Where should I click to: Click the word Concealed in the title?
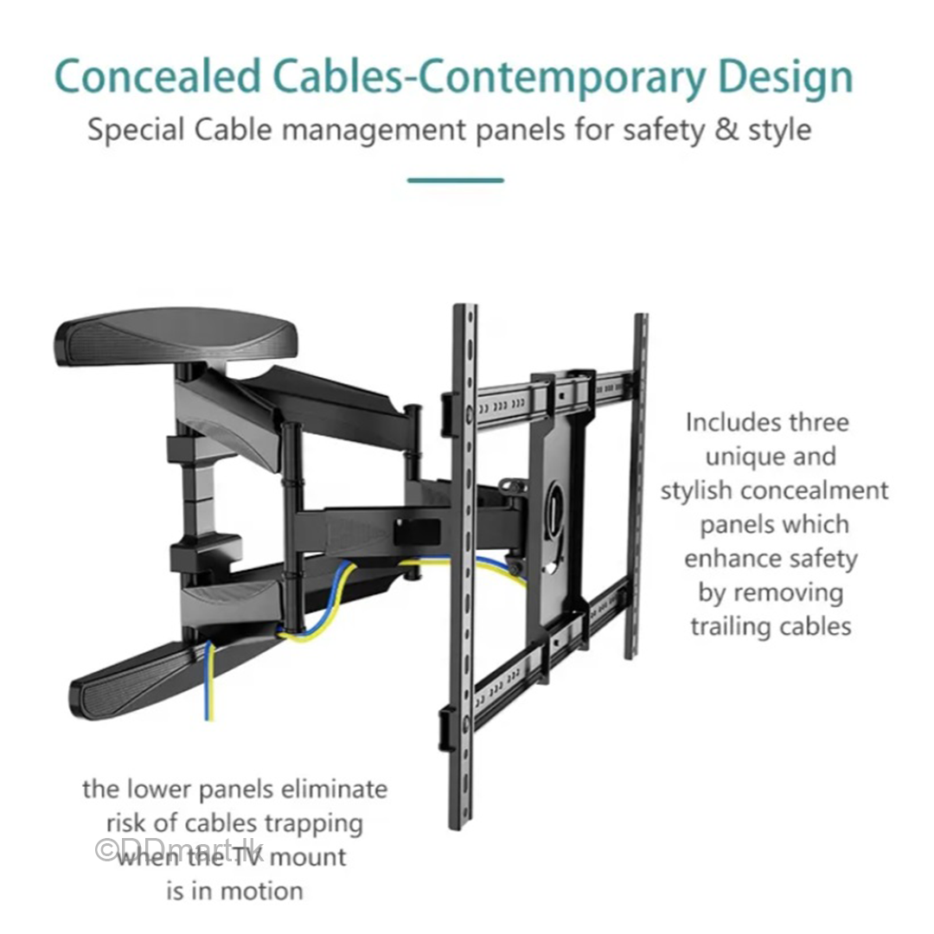tap(157, 77)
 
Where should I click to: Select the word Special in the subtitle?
tap(136, 131)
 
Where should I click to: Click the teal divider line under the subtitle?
tap(455, 180)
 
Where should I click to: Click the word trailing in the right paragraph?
tap(729, 626)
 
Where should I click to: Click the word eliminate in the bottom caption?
tap(339, 789)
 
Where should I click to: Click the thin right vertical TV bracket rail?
tap(638, 484)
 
